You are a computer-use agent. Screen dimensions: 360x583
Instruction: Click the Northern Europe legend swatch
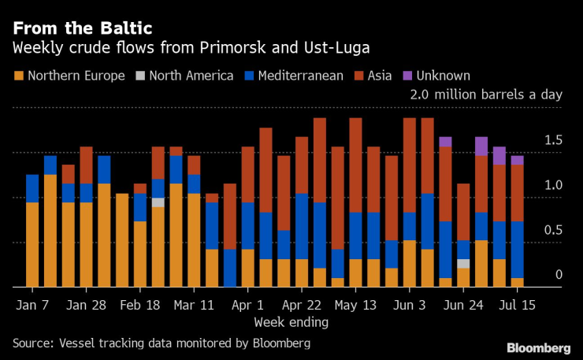point(18,76)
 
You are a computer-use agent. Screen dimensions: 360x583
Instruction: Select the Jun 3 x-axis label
point(410,304)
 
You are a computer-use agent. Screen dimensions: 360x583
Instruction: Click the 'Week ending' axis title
point(291,321)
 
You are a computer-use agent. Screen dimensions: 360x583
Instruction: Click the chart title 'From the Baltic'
point(82,28)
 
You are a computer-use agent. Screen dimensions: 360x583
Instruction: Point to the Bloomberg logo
point(538,348)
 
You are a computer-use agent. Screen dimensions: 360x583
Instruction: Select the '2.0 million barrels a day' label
point(486,95)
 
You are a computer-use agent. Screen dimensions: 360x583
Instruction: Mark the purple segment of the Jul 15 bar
point(517,160)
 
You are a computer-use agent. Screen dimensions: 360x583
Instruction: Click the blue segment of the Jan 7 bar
point(32,189)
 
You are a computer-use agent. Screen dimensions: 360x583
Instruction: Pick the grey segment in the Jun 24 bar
point(463,263)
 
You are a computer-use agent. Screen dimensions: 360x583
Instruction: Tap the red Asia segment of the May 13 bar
point(356,165)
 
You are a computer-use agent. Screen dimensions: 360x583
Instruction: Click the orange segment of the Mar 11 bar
point(194,240)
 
